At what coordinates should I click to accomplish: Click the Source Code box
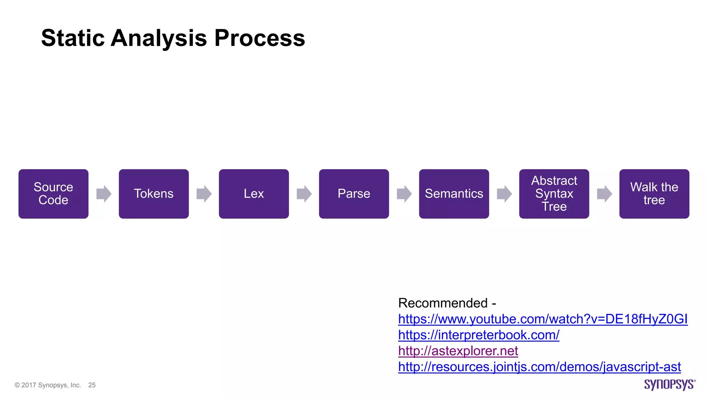[53, 193]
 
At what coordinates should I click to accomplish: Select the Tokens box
[153, 193]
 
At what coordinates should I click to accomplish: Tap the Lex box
[254, 193]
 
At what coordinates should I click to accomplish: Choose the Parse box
[354, 193]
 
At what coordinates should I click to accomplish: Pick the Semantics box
[454, 193]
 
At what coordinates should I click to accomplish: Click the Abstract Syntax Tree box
[554, 193]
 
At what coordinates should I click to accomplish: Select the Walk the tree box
[654, 193]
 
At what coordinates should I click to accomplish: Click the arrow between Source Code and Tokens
[104, 193]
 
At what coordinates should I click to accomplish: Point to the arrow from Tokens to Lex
[204, 193]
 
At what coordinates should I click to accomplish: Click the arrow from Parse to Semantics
[404, 193]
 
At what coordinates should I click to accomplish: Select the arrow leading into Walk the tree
[604, 193]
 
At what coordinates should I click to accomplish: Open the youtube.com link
[543, 319]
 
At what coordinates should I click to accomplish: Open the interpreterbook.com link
[478, 335]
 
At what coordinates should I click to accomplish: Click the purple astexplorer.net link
[458, 351]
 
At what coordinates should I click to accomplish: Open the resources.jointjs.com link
[539, 367]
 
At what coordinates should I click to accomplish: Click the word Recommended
[443, 303]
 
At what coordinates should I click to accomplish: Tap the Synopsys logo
[669, 385]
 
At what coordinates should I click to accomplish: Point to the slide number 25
[92, 385]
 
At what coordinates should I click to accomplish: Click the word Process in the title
[260, 38]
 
